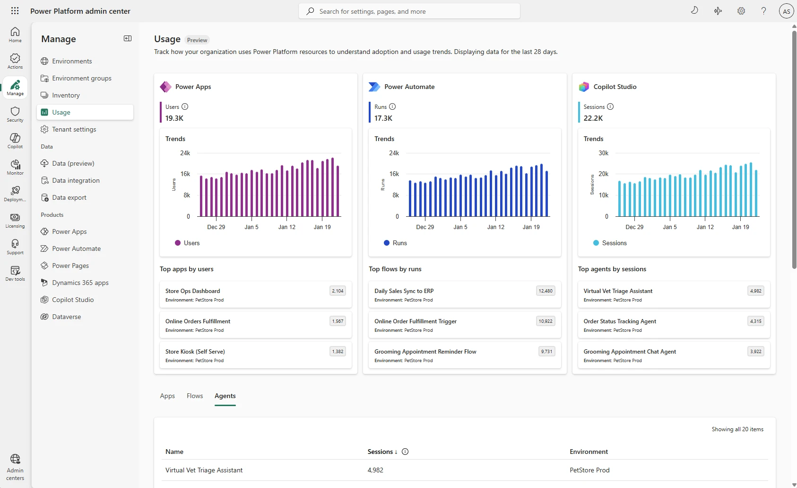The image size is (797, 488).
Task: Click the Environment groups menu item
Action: pyautogui.click(x=81, y=78)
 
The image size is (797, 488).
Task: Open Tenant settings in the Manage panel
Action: pyautogui.click(x=74, y=129)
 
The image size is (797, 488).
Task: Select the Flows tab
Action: pyautogui.click(x=195, y=396)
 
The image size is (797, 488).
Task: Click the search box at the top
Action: pyautogui.click(x=409, y=11)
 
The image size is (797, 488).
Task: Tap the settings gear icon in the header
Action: pyautogui.click(x=741, y=11)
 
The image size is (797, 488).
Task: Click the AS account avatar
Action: pyautogui.click(x=786, y=11)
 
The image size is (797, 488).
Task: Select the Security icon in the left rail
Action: pyautogui.click(x=15, y=114)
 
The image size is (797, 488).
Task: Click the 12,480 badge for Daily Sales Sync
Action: pyautogui.click(x=545, y=291)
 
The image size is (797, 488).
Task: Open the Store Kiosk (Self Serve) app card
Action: pyautogui.click(x=255, y=355)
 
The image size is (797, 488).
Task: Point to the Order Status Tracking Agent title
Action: pyautogui.click(x=620, y=321)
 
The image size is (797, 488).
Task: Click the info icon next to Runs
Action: pyautogui.click(x=392, y=106)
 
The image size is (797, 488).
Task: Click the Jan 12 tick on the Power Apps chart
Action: pyautogui.click(x=286, y=227)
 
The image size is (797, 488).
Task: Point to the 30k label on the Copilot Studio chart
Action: pyautogui.click(x=603, y=153)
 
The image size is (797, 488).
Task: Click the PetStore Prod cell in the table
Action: pyautogui.click(x=589, y=470)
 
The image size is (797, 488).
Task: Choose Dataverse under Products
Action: pyautogui.click(x=66, y=317)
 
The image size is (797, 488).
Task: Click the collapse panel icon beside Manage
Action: pyautogui.click(x=128, y=38)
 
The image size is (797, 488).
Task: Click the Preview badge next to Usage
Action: pyautogui.click(x=197, y=40)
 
